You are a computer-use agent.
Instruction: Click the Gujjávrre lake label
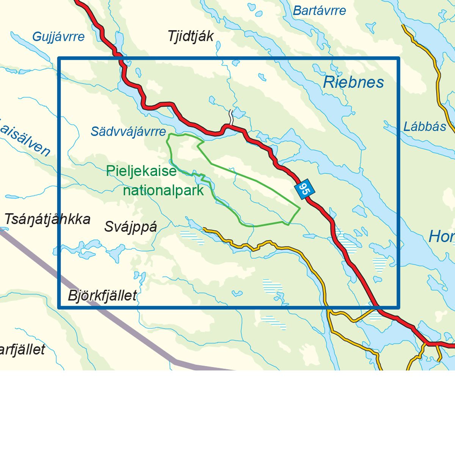tap(58, 37)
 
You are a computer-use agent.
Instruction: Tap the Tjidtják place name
tap(191, 36)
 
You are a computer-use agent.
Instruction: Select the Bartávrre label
tap(319, 11)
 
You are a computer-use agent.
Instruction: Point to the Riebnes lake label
tap(353, 82)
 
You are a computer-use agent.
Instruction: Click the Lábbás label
tap(425, 127)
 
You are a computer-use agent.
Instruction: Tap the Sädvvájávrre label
tap(128, 132)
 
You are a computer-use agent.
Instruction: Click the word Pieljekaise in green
tap(141, 171)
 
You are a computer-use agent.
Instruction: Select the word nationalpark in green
tap(163, 190)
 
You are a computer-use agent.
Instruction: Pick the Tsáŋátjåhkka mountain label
tap(47, 219)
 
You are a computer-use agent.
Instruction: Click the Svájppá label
tap(130, 227)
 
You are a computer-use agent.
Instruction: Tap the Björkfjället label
tap(102, 295)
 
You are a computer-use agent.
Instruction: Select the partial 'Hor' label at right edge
tap(441, 237)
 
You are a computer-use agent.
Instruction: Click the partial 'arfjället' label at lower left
tap(22, 349)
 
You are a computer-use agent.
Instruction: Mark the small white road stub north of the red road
tap(230, 117)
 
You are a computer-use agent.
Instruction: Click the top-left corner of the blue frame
tap(59, 58)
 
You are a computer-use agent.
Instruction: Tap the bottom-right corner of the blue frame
tap(398, 307)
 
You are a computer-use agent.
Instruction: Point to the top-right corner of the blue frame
tap(398, 58)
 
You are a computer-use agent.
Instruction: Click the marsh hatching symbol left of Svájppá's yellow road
tap(192, 237)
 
